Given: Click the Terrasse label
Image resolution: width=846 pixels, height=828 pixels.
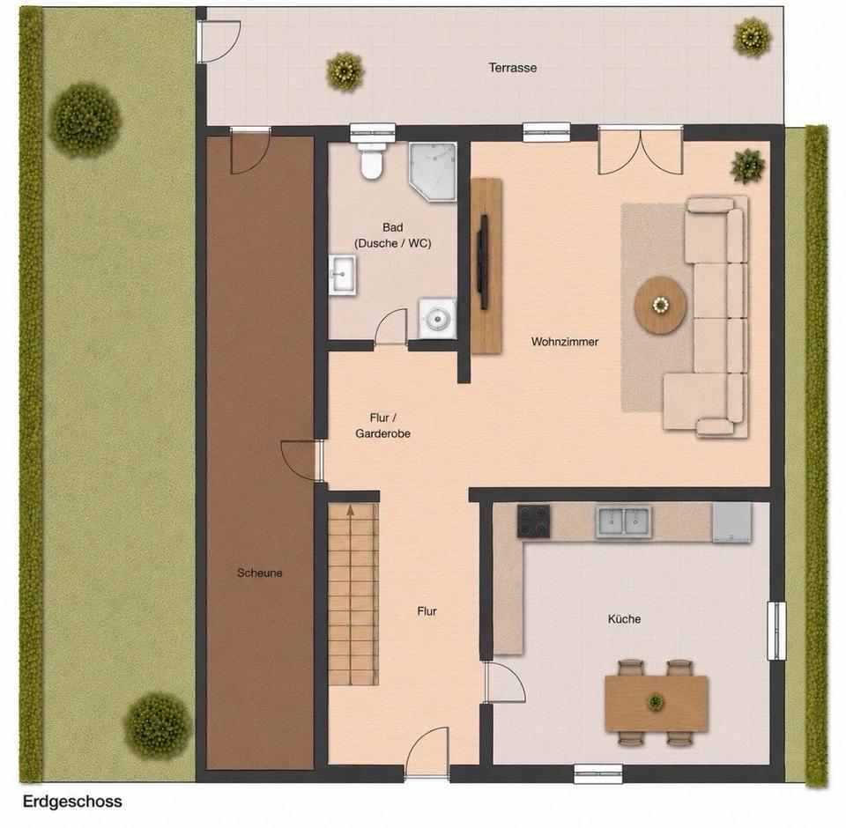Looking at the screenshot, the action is pos(513,68).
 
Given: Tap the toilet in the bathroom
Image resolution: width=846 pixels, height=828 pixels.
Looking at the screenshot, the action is pos(371,160).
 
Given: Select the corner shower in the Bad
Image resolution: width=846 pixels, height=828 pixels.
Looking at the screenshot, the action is pos(433,172).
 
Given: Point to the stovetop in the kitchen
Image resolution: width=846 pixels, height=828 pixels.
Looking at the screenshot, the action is pos(534,521).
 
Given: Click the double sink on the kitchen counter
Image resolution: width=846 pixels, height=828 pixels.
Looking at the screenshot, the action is pos(624,521).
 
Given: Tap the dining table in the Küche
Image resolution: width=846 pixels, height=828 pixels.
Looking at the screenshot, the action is pos(656,703).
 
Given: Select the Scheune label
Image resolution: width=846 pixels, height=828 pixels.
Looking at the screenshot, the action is pos(259,573).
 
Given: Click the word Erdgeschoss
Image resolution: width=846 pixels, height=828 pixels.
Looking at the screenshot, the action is pos(72,802).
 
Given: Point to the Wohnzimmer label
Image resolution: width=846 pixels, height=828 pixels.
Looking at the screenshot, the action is pos(565,342).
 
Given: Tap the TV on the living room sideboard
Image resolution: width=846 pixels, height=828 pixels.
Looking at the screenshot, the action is pos(484,262).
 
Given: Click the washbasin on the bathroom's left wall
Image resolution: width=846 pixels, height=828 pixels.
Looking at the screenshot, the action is pos(343,275).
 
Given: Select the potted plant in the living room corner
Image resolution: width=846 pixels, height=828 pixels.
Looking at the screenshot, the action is pos(748,166).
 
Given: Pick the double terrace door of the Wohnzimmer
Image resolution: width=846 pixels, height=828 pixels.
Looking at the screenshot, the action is pos(641,151).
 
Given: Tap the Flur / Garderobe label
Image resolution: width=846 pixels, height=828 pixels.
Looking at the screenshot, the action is pos(382,425).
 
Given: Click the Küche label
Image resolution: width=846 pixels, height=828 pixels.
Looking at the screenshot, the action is pos(624,618).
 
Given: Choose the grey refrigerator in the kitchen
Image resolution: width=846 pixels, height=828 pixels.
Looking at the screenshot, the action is pos(732,522).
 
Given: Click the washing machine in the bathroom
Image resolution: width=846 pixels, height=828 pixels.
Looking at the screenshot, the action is pos(438,319).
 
